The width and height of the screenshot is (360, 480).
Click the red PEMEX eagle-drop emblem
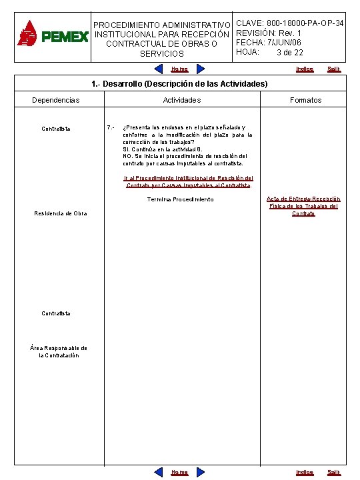[x=28, y=33]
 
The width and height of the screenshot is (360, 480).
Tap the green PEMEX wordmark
[x=65, y=37]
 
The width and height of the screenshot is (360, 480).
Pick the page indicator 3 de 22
[x=290, y=53]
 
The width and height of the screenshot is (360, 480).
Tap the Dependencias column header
[x=56, y=100]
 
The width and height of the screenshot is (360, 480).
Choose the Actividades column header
[x=182, y=100]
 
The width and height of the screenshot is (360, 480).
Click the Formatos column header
[x=305, y=100]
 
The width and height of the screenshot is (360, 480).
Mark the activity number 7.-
[x=111, y=127]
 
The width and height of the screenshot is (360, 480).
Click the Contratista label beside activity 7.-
[x=56, y=129]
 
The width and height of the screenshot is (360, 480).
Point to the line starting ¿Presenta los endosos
[x=184, y=127]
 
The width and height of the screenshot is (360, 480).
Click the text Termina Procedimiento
[x=180, y=199]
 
